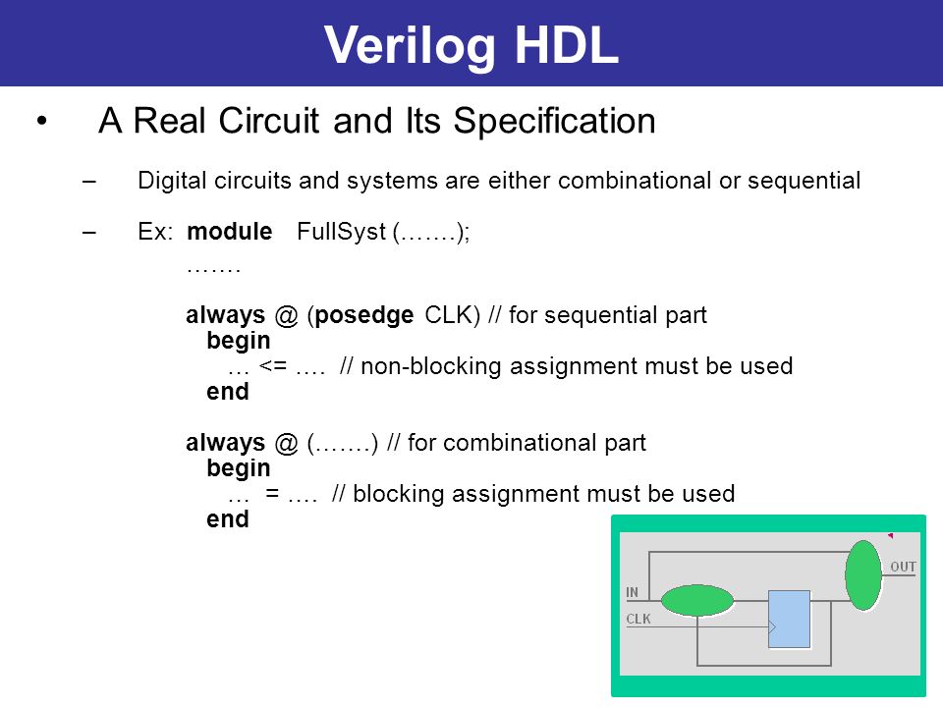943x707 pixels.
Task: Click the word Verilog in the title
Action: (410, 47)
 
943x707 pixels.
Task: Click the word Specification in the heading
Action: (554, 122)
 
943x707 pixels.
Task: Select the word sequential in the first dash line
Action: (804, 181)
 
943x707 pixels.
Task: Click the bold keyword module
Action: (229, 232)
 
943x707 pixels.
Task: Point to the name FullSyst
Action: (341, 232)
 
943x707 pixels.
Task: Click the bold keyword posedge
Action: (363, 315)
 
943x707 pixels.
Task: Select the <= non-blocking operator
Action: (273, 365)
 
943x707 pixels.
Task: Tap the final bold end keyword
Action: (227, 518)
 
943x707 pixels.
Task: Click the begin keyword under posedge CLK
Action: (238, 341)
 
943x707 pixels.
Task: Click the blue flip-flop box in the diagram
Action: (789, 620)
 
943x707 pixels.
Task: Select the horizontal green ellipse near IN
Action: (697, 600)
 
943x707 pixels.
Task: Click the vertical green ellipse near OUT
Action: (863, 575)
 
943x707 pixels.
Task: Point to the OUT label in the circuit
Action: (903, 567)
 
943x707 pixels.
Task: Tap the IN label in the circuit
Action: (632, 592)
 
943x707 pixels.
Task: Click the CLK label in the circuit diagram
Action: (638, 619)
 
